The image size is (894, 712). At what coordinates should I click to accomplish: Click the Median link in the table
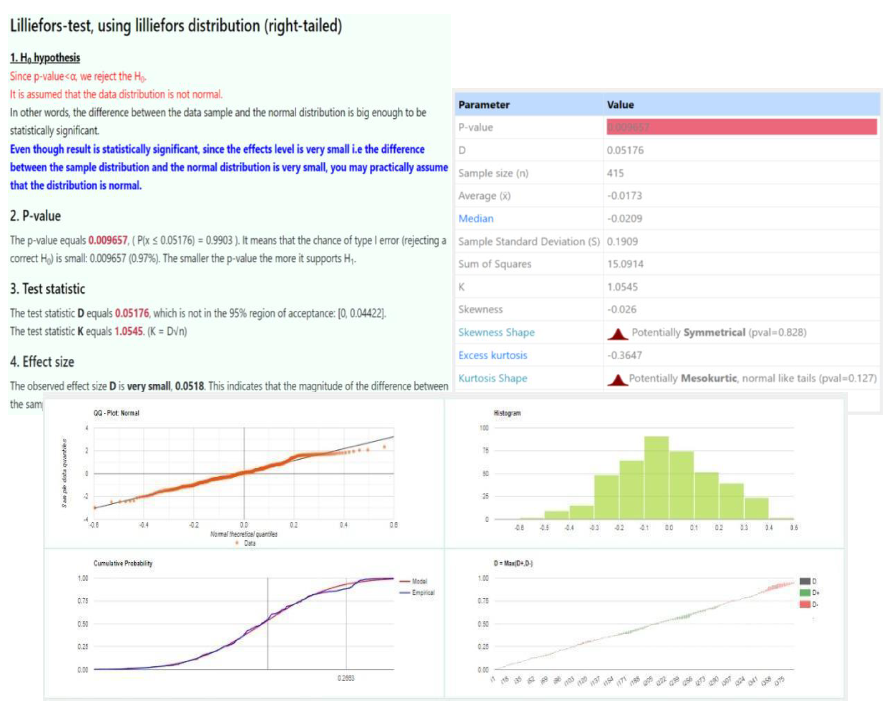point(476,219)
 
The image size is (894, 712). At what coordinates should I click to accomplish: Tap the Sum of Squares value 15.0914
point(625,264)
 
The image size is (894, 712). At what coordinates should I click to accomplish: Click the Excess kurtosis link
point(493,355)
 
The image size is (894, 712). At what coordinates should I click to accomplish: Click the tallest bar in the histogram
point(656,477)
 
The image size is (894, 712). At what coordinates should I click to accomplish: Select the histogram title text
point(507,413)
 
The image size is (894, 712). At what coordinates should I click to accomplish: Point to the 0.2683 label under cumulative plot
point(346,678)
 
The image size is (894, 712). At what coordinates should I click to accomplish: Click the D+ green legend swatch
point(804,593)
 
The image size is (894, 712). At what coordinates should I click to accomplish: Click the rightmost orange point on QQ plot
point(384,447)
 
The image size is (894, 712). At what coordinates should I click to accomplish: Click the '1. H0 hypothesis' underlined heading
point(45,58)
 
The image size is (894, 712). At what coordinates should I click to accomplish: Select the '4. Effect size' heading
point(42,362)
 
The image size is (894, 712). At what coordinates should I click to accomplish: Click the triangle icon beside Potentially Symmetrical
point(618,333)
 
